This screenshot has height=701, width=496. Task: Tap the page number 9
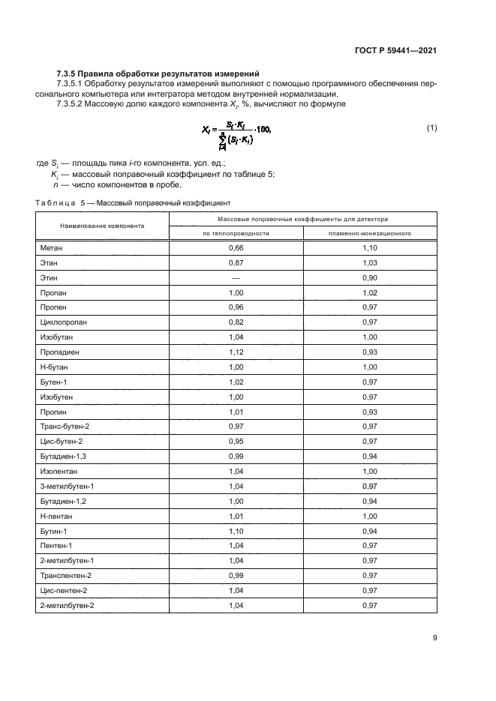coord(434,639)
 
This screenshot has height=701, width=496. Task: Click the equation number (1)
coord(431,128)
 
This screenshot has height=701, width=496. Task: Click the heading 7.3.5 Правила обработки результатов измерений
coord(158,73)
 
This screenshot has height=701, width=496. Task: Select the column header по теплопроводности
coord(236,233)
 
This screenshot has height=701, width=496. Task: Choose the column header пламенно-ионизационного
coord(369,233)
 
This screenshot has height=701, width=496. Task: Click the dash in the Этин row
coord(236,277)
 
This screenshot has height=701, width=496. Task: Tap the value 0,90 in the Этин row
coord(369,277)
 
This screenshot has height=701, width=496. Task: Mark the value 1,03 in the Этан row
coord(369,263)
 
